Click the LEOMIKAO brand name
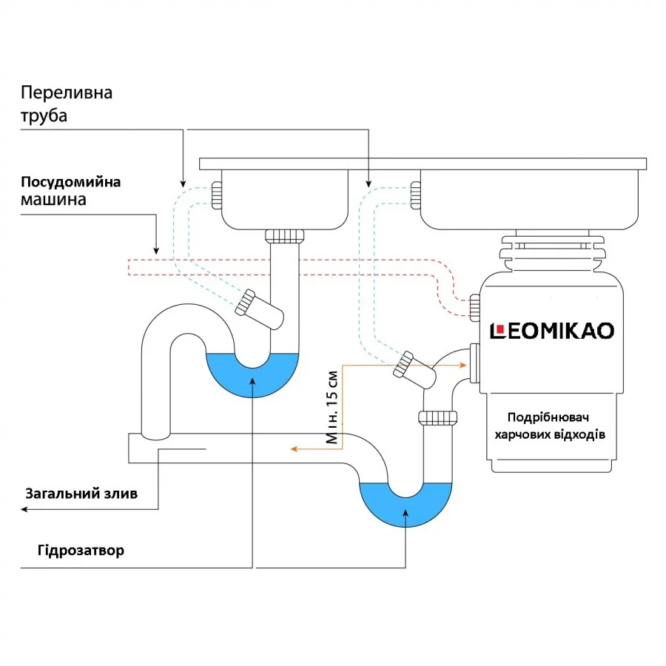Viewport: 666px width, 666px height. (553, 330)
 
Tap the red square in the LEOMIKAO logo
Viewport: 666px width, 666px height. (499, 329)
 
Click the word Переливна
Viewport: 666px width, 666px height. (67, 93)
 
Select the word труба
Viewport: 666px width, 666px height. (44, 116)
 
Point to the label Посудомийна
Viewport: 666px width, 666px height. (70, 182)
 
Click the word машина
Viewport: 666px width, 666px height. (53, 200)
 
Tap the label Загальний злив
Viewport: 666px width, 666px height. (81, 494)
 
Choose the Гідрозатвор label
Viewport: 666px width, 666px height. (80, 551)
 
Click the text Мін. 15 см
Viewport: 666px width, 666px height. (334, 406)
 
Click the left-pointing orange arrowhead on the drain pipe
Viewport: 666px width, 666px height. (294, 448)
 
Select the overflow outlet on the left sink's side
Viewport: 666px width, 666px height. (216, 195)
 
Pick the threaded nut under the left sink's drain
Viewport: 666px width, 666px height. (284, 236)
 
